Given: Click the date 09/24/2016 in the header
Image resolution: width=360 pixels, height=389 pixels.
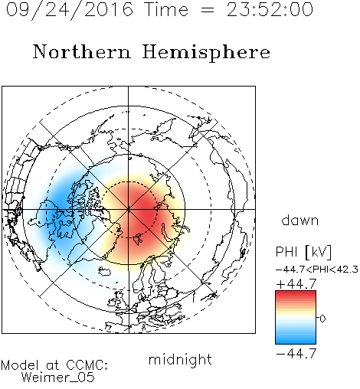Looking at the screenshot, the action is point(70,9).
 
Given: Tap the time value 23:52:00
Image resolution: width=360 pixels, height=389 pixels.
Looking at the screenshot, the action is point(270,9).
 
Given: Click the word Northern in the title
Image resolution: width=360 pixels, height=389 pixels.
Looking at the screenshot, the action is point(82,51).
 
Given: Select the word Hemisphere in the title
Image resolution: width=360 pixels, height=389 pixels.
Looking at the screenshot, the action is point(206,53).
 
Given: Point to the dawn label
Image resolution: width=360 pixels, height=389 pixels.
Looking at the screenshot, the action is point(300,220).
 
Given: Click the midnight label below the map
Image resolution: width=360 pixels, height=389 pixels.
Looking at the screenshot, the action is point(180,360).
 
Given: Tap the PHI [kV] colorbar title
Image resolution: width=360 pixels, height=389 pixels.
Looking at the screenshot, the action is point(303,252).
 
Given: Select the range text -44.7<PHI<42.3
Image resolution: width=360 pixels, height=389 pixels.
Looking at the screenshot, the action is point(317,270).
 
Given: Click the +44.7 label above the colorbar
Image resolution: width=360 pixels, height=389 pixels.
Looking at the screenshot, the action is point(296,284).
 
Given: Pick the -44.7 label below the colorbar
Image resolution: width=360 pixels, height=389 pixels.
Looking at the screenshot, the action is point(296,354).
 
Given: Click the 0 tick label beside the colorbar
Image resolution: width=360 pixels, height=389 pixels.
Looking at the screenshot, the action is point(322,319).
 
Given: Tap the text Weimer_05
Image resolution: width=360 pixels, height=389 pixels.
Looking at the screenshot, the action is point(58,378).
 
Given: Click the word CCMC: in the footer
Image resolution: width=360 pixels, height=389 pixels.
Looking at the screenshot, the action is point(87,365).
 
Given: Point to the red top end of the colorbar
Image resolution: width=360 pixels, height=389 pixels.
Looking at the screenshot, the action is point(296,293).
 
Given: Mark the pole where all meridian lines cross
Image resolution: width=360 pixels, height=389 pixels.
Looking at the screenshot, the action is point(129,210).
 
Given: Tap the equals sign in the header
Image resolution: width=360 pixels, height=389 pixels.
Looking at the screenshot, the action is point(208,10).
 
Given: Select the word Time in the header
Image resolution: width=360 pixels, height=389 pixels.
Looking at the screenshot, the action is point(166,9).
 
